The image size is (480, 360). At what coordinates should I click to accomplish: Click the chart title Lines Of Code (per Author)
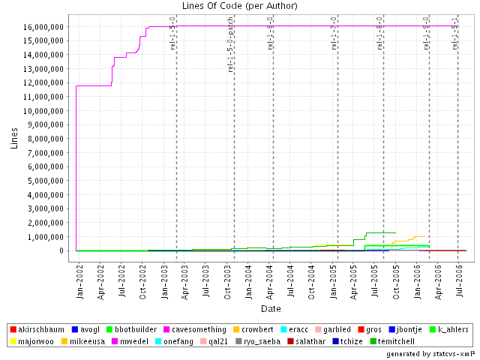(x=239, y=7)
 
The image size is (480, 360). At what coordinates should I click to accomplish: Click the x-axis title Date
(x=271, y=308)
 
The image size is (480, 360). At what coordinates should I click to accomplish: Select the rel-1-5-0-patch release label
(x=231, y=52)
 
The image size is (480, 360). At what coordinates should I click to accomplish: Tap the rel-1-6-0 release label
(x=270, y=32)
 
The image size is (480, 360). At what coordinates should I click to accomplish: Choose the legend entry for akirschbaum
(x=40, y=329)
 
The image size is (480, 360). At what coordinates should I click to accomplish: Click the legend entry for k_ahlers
(x=446, y=329)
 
